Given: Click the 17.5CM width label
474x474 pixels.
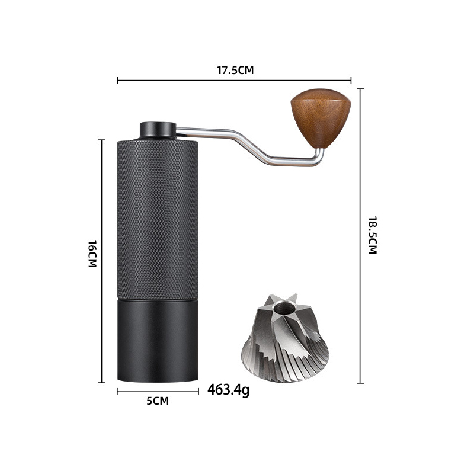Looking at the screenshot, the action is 235,70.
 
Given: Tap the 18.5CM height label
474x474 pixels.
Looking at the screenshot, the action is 373,235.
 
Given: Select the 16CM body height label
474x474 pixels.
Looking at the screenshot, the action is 92,254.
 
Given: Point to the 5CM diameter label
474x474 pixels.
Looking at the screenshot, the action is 158,401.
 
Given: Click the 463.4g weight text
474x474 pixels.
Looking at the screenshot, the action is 229,390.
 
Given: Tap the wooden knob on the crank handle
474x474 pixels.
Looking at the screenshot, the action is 321,118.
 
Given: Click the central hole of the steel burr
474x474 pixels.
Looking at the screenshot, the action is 284,309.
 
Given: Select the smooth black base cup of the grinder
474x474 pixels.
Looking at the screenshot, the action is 158,341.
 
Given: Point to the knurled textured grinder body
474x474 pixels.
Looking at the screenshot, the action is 158,220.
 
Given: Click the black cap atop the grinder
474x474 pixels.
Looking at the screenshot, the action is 158,130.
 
